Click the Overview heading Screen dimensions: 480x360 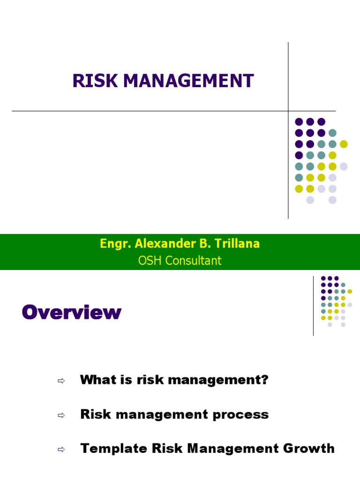coord(71,312)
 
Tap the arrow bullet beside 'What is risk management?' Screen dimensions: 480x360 coord(60,381)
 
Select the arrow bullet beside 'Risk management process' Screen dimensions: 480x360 coord(60,415)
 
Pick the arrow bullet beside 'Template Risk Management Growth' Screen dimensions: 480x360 coord(60,450)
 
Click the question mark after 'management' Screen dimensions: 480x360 coord(265,380)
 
